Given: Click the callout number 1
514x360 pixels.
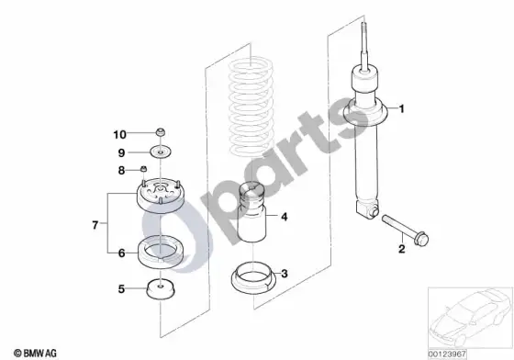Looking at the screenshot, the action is point(402,108).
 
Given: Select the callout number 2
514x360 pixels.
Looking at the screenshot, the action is point(402,249).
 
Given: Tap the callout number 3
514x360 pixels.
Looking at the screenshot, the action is point(285,274).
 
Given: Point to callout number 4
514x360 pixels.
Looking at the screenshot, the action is point(285,217).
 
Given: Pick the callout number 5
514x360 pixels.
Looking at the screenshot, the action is point(121,289).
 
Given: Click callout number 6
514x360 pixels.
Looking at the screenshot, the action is point(121,253).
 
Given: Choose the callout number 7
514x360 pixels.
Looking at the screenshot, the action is point(95,225).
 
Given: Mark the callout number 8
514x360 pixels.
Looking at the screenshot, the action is point(121,171).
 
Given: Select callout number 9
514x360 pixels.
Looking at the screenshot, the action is point(121,152).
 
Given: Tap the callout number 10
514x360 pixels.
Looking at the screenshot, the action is point(119,134).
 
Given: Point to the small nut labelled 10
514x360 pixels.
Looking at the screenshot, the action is point(160,132).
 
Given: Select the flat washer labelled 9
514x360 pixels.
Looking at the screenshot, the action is point(161,152).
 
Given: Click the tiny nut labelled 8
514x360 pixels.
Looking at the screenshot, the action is point(143,169).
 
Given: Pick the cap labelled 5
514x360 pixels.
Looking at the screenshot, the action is point(160,289).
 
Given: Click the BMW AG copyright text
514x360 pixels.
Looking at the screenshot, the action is point(35,354).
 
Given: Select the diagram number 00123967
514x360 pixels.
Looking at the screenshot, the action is point(447,354).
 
